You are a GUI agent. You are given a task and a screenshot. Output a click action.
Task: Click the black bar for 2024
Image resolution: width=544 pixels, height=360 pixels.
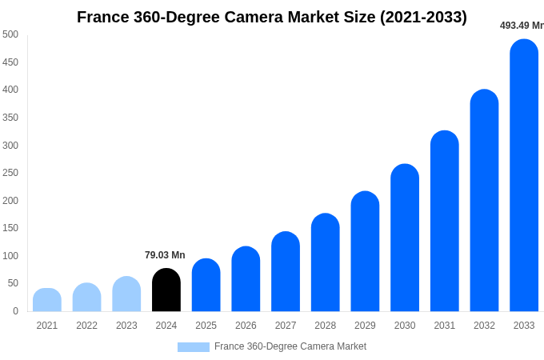[x=166, y=290]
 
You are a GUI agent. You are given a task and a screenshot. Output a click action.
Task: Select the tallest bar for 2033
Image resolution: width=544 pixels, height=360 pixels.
[x=524, y=176]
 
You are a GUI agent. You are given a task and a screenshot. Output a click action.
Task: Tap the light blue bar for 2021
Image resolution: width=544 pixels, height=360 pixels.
[x=47, y=300]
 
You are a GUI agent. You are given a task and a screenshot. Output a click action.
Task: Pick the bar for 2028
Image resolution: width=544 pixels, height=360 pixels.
[x=326, y=263]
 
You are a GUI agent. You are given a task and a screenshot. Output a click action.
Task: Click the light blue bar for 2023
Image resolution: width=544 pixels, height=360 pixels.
[x=126, y=294]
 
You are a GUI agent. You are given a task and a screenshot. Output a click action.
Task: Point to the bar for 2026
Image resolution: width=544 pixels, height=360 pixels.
[x=246, y=279]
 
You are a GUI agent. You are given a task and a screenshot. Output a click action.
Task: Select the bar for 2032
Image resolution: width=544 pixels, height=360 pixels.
[x=484, y=201]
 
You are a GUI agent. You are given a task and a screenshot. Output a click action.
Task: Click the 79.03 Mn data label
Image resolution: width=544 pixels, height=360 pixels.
[x=165, y=255]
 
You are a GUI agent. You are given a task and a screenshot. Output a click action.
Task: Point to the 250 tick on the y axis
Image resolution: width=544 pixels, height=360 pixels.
[x=10, y=173]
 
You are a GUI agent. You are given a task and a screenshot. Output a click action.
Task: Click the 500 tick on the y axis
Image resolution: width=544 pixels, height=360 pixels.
[x=10, y=34]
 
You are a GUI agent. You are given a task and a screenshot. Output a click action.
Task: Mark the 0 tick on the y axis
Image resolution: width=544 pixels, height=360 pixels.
[x=15, y=311]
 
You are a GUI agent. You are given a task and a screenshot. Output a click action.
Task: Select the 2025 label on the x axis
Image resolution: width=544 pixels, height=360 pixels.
[x=206, y=326]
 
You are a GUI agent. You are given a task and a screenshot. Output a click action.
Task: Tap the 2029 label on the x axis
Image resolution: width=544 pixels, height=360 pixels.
[x=365, y=326]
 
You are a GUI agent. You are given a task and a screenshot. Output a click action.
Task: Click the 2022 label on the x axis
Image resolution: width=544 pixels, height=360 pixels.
[x=86, y=326]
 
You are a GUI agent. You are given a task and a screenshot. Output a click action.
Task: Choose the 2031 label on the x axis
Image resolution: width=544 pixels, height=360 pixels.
[x=444, y=326]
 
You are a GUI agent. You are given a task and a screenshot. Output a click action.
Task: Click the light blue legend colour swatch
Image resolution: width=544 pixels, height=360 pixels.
[x=193, y=347]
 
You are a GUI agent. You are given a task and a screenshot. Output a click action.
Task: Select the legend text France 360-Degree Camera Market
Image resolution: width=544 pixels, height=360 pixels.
[x=290, y=346]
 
